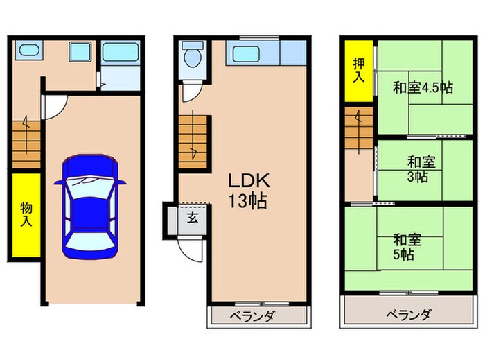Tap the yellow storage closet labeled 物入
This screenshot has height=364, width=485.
click(x=26, y=216)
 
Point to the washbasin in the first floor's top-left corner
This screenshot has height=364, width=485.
click(x=28, y=51)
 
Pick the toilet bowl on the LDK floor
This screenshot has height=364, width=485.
click(x=190, y=58)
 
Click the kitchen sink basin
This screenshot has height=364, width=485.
click(x=246, y=53)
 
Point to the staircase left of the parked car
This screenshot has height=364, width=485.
click(x=26, y=143)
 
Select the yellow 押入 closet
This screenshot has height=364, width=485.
click(x=357, y=69)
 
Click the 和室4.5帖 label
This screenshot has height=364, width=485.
click(x=423, y=88)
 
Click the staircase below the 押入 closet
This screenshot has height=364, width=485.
click(x=360, y=130)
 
